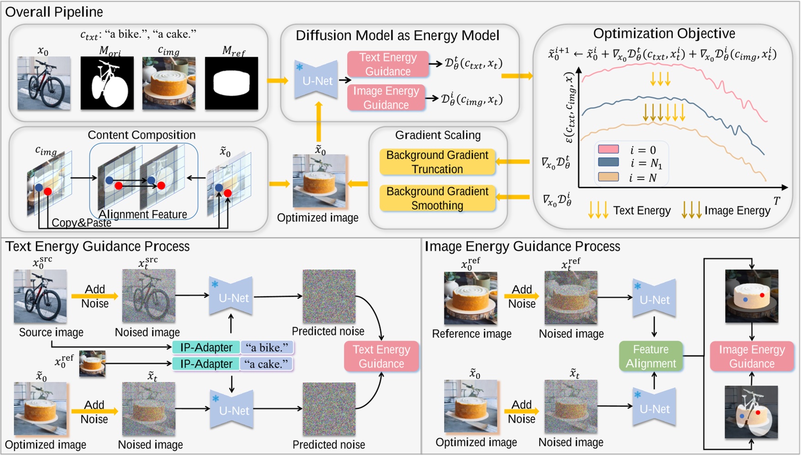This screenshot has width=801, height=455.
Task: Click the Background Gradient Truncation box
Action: coord(437,162)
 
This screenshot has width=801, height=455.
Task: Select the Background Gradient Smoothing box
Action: coord(437,198)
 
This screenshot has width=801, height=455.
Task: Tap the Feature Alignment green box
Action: coord(651,356)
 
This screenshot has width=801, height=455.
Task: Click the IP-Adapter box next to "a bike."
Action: coord(206,348)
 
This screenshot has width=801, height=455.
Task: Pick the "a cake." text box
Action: coord(267,364)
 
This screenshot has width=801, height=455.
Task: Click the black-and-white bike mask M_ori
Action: coord(107,83)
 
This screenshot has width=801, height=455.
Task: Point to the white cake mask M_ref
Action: coord(231,83)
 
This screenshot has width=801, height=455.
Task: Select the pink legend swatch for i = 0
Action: coord(608,149)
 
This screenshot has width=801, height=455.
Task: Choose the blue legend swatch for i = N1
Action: coord(608,162)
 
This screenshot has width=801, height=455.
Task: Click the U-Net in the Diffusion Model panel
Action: coord(316,80)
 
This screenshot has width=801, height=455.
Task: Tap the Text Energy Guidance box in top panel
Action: coord(388,64)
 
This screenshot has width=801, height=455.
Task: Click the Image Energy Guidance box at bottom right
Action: coord(752,356)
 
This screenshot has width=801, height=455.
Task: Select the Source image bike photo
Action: coord(40,296)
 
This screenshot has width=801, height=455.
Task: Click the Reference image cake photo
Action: coord(470,298)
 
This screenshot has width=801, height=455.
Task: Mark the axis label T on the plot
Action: coord(776,200)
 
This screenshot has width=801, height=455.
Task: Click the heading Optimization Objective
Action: coord(664,33)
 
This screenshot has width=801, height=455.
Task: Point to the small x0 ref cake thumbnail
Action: coord(92,364)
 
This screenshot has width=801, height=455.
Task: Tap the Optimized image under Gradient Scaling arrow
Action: coord(319,181)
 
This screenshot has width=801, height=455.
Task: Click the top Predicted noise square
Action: coord(329,296)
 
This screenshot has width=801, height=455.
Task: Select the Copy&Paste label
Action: coord(81,223)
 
